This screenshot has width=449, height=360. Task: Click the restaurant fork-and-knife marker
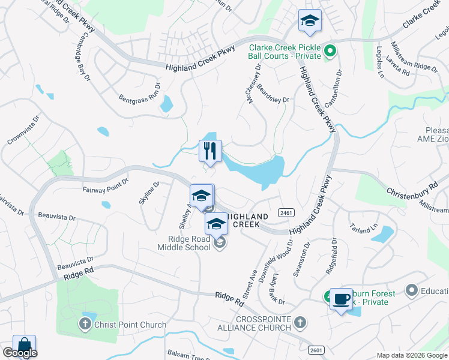point(210,151)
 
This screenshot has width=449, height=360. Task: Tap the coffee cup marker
point(342,299)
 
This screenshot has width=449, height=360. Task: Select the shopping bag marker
point(24,345)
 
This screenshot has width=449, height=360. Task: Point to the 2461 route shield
point(286,213)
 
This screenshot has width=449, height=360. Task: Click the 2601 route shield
point(316,350)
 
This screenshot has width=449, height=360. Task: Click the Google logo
point(20,353)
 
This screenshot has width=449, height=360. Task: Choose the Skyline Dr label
point(148,193)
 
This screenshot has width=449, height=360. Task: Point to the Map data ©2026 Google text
point(411,355)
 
